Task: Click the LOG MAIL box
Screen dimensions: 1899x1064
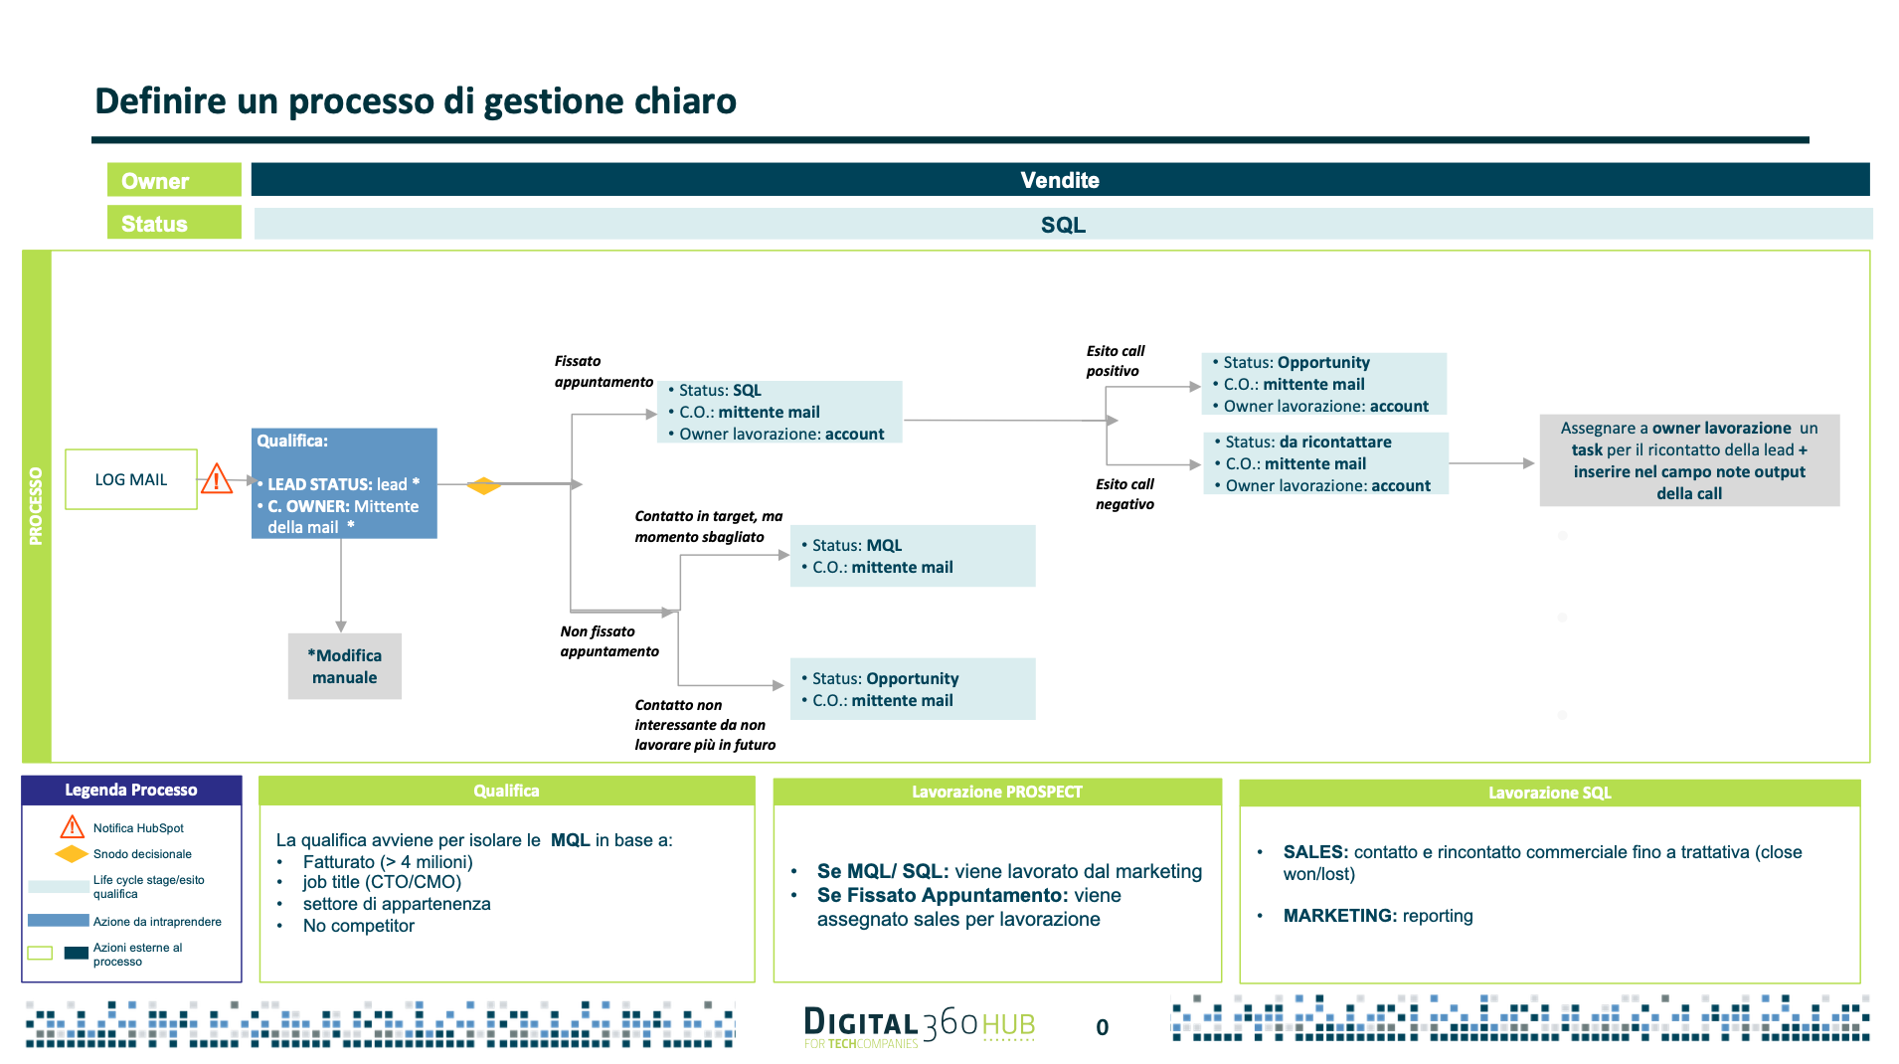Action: tap(131, 479)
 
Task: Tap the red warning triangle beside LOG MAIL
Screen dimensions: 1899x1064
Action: tap(216, 479)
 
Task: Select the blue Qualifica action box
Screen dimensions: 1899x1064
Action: tap(344, 483)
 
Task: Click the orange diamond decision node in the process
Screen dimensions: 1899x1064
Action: tap(483, 485)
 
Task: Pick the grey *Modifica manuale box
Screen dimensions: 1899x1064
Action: tap(345, 666)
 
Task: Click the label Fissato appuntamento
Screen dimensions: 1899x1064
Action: tap(604, 371)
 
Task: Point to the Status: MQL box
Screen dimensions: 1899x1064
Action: tap(913, 556)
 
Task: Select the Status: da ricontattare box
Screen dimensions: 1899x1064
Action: tap(1326, 463)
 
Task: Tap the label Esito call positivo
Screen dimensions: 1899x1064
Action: tap(1115, 361)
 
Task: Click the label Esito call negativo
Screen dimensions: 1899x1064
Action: tap(1124, 494)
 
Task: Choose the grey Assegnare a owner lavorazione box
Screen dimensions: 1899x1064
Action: tap(1689, 460)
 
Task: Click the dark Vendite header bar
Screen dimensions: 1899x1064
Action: tap(1060, 180)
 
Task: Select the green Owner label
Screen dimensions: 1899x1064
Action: tap(174, 180)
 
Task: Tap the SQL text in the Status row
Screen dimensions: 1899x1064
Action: tap(1063, 225)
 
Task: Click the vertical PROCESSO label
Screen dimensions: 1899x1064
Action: tap(37, 506)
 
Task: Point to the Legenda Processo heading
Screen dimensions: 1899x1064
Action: tap(131, 791)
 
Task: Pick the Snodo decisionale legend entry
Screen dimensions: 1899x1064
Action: tap(142, 854)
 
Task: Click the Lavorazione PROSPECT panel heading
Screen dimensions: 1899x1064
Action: tap(997, 793)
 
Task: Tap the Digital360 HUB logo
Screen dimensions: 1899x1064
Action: tap(920, 1026)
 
